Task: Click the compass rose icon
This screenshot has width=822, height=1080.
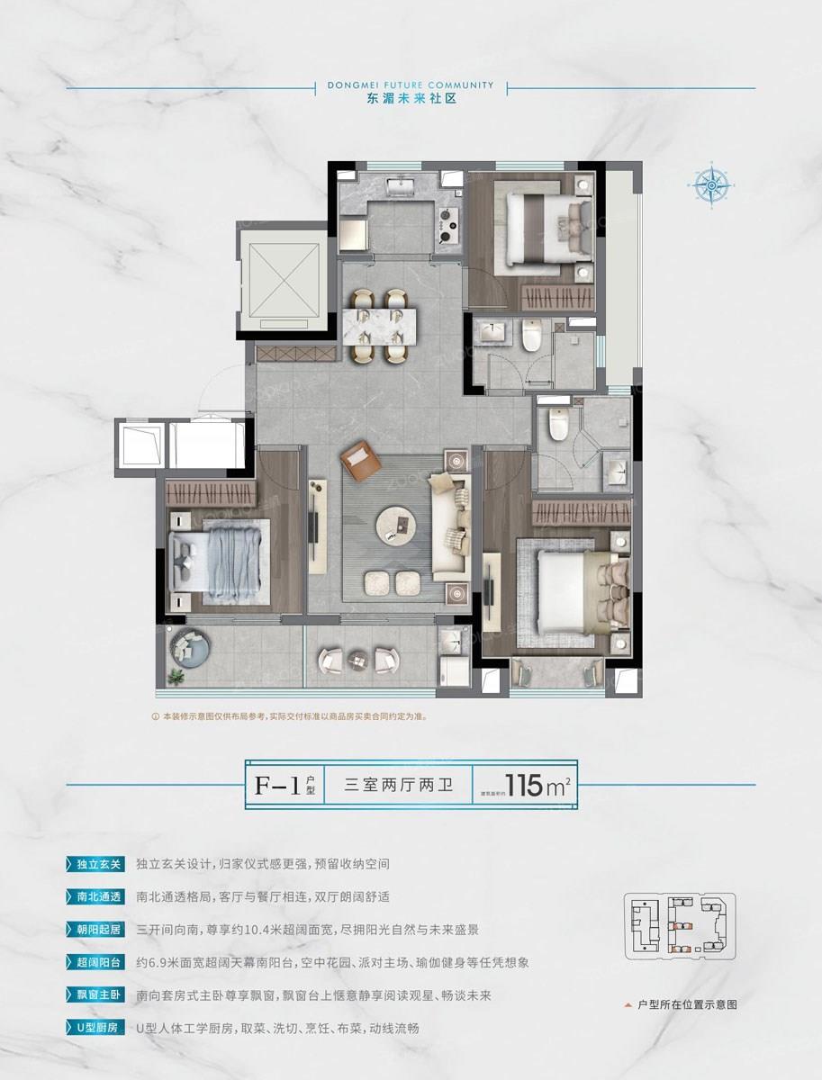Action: tap(711, 186)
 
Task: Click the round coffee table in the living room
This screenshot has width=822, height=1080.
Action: tap(396, 523)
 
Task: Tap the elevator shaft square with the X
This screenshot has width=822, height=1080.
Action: tap(279, 279)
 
